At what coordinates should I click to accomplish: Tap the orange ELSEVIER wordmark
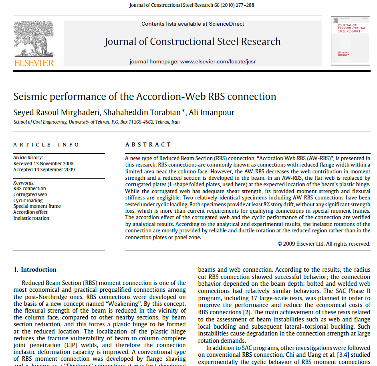click(34, 63)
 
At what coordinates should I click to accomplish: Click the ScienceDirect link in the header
click(226, 24)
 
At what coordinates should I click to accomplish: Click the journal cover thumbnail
click(350, 41)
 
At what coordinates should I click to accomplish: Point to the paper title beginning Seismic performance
click(145, 97)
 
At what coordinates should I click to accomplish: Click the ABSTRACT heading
click(148, 144)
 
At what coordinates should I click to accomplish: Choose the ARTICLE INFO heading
click(46, 144)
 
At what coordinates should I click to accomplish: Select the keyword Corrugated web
click(31, 195)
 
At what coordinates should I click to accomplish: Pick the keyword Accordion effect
click(30, 212)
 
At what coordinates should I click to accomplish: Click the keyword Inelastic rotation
click(31, 218)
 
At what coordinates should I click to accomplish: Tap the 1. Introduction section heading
click(35, 270)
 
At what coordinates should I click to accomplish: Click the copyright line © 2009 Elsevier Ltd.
click(324, 244)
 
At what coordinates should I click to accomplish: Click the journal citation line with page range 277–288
click(192, 6)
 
